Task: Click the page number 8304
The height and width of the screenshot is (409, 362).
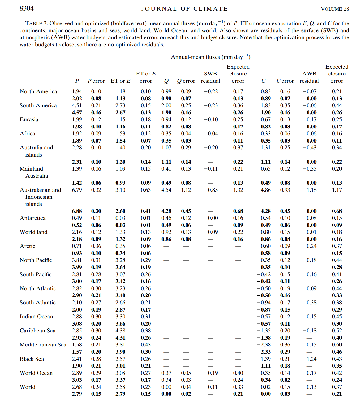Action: (x=27, y=8)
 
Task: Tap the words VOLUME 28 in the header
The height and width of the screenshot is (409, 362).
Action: (x=335, y=9)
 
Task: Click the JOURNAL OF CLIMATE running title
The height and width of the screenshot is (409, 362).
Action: (x=184, y=9)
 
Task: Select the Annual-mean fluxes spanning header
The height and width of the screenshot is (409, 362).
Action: (x=210, y=57)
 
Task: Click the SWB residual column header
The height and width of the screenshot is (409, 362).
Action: (x=210, y=77)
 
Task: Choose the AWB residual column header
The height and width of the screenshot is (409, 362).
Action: (x=309, y=77)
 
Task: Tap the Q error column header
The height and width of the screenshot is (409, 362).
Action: (x=186, y=81)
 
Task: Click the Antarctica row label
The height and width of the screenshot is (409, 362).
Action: (x=33, y=218)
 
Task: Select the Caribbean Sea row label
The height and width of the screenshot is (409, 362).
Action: (x=37, y=331)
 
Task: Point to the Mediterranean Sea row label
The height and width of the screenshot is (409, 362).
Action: (x=43, y=345)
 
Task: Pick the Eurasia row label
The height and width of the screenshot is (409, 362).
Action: (x=29, y=119)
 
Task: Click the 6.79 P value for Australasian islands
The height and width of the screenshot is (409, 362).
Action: (x=77, y=190)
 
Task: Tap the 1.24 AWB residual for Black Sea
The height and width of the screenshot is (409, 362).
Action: (x=311, y=359)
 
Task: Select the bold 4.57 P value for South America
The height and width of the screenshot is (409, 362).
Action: (x=77, y=113)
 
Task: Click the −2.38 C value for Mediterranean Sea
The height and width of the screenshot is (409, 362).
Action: (x=264, y=345)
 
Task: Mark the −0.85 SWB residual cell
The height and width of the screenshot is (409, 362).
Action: (x=210, y=190)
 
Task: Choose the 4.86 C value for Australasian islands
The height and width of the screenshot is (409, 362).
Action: (x=265, y=190)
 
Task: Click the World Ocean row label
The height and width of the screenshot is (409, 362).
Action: (x=36, y=373)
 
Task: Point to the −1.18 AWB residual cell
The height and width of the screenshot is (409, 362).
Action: (x=309, y=190)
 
